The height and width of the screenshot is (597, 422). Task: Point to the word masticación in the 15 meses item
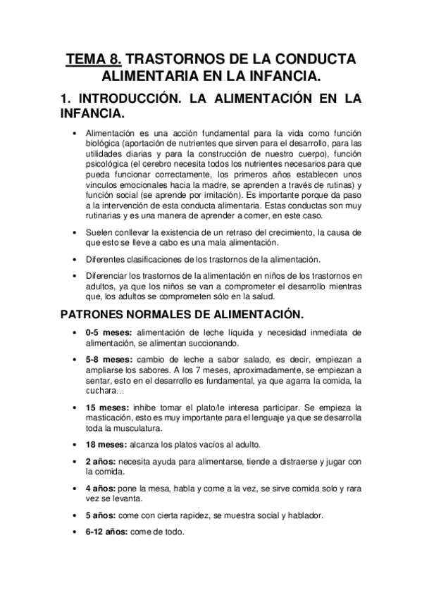(107, 418)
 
